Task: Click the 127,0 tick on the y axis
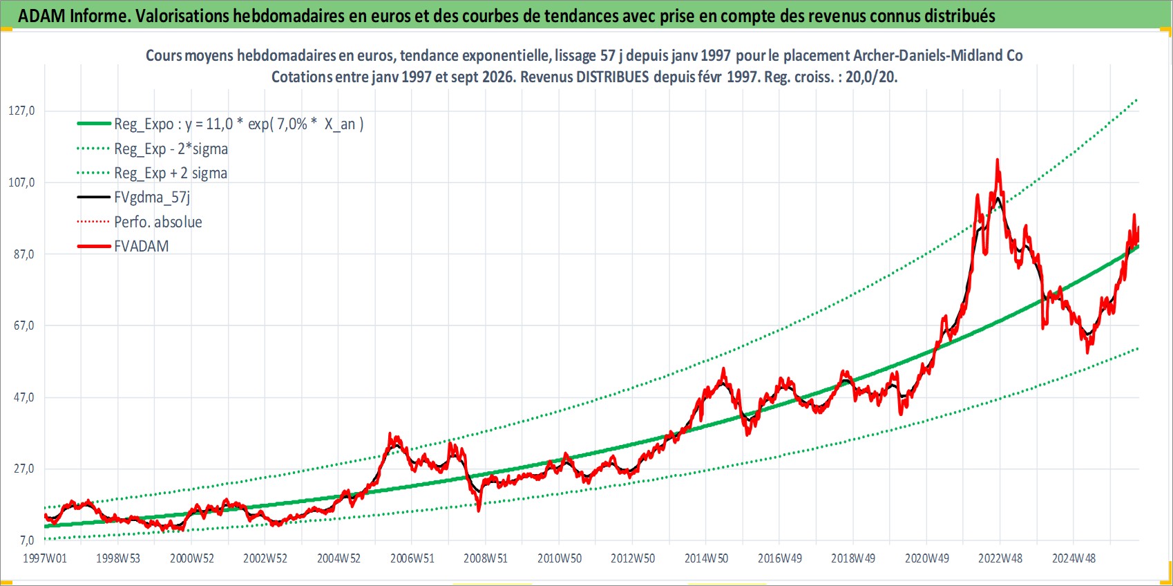(21, 111)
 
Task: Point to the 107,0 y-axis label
(21, 182)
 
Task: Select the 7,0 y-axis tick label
(27, 540)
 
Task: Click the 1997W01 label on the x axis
(45, 558)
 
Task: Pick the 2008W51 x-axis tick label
(486, 558)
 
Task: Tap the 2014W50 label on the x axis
(706, 558)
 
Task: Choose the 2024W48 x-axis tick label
(1074, 558)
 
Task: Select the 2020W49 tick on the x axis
(927, 558)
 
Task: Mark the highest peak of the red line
(997, 159)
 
